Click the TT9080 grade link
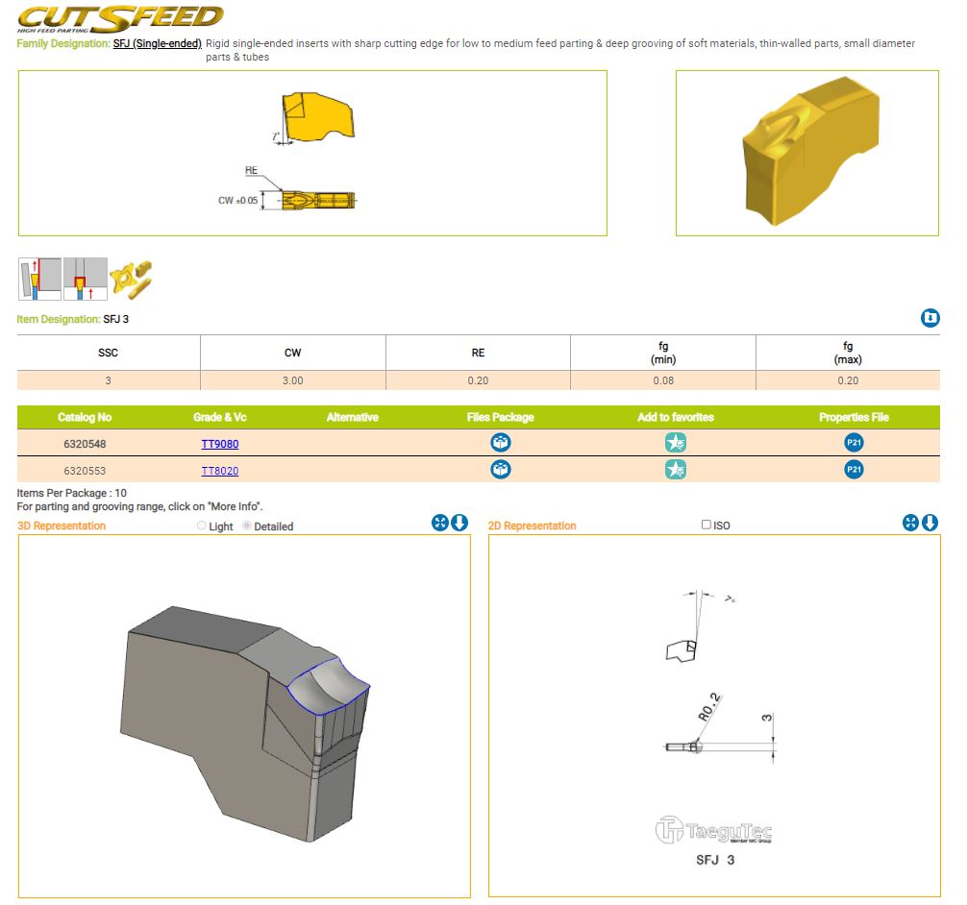click(x=219, y=444)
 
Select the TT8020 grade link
click(x=219, y=471)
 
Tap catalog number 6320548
click(x=85, y=444)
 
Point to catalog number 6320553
click(x=85, y=471)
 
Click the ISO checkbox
click(x=707, y=525)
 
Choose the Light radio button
click(x=202, y=526)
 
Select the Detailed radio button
click(x=247, y=526)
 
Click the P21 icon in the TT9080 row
click(x=854, y=443)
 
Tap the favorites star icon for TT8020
click(x=676, y=470)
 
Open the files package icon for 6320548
click(x=500, y=443)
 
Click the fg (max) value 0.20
click(x=848, y=381)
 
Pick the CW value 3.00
click(x=293, y=381)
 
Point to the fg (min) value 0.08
click(x=663, y=381)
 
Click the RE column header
click(x=478, y=353)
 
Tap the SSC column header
click(x=108, y=353)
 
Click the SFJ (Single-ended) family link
click(x=158, y=44)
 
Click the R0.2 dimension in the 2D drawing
click(x=709, y=707)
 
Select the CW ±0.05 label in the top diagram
click(x=238, y=201)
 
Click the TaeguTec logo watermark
click(x=713, y=830)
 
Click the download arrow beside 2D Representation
click(x=930, y=523)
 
